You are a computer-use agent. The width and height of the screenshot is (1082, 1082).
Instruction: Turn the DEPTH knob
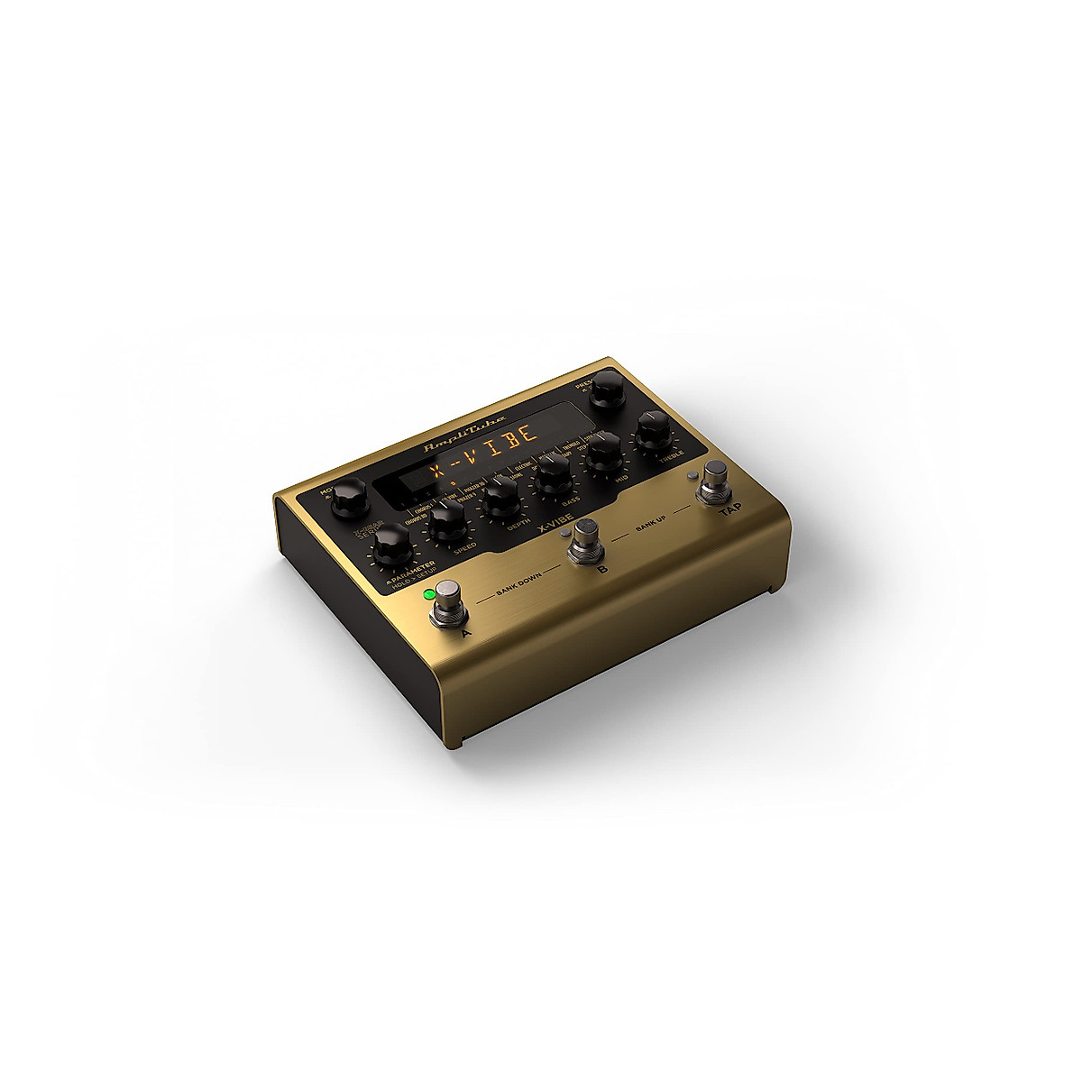click(500, 496)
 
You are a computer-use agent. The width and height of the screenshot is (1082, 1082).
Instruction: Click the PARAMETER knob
click(390, 546)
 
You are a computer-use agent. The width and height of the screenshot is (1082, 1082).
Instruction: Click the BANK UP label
click(651, 527)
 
